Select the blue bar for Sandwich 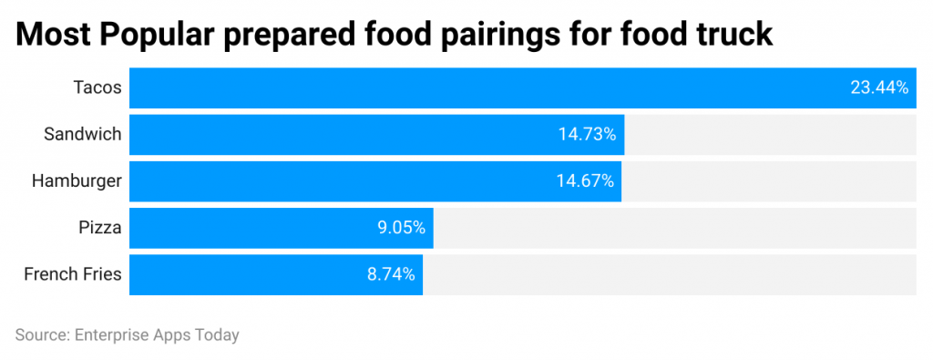click(346, 134)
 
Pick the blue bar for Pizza click(255, 228)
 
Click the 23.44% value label click(878, 87)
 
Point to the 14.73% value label click(587, 134)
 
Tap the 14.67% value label click(585, 180)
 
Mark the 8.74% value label click(391, 274)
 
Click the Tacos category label click(97, 87)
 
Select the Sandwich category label click(83, 134)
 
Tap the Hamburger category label click(77, 180)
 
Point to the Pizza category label click(100, 228)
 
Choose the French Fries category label click(73, 274)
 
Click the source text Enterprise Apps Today click(155, 334)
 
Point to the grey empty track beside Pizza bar click(674, 228)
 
